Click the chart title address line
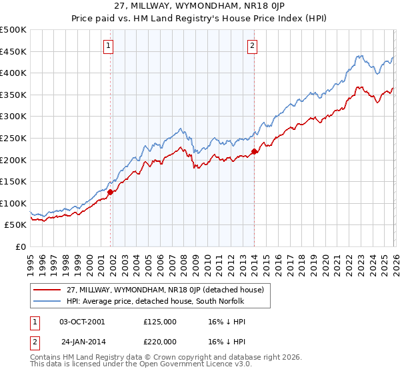tap(199, 7)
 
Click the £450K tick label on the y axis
tap(13, 51)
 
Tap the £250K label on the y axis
tap(13, 138)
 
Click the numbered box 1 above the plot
tap(108, 46)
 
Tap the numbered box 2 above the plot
tap(253, 46)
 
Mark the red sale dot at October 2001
tap(111, 192)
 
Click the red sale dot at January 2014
tap(255, 151)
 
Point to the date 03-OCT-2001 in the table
tap(82, 322)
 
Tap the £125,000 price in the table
tap(159, 322)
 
